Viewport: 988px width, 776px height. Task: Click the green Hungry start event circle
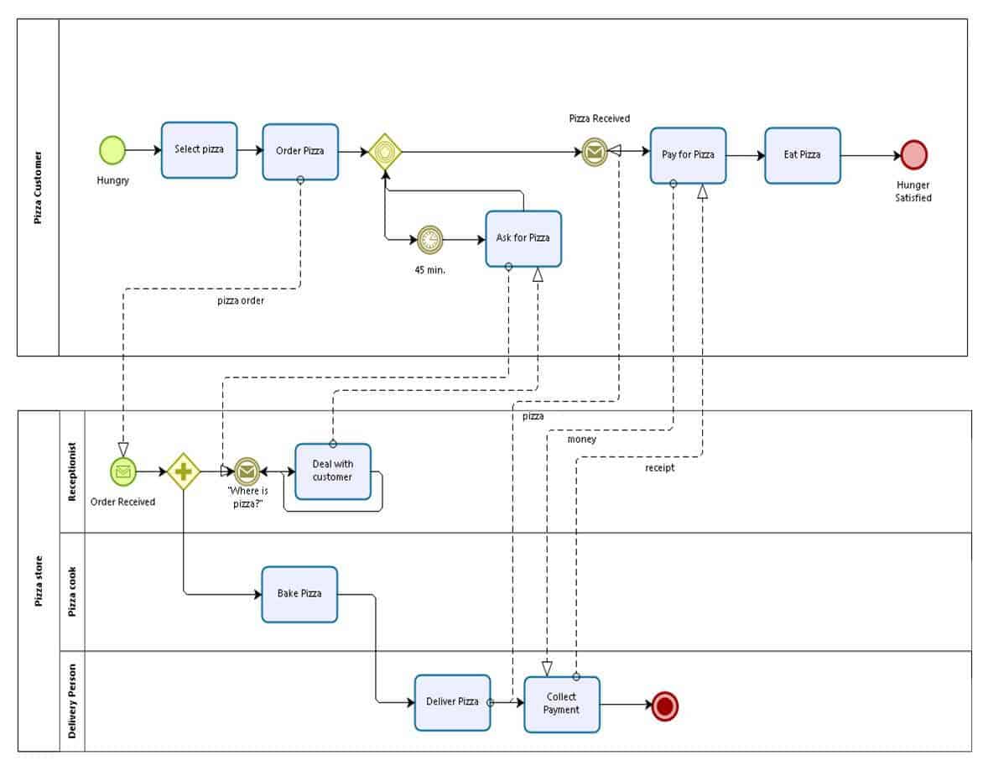[x=112, y=150]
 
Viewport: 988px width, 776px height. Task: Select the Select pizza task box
[x=199, y=149]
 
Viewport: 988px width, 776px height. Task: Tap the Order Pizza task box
[x=300, y=152]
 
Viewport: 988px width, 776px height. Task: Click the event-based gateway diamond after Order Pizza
[x=385, y=152]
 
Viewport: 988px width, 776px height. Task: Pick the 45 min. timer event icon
[x=429, y=239]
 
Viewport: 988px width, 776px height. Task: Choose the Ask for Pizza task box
[x=523, y=238]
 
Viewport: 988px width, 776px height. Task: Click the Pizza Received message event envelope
[x=595, y=152]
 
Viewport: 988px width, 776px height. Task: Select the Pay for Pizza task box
[x=688, y=155]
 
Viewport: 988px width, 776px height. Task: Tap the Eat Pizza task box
[x=802, y=155]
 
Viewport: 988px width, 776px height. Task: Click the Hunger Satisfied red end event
[x=913, y=155]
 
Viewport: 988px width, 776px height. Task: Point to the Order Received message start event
[x=123, y=471]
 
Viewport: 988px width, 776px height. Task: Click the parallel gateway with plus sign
[x=184, y=471]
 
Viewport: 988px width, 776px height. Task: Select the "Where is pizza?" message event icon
[x=247, y=471]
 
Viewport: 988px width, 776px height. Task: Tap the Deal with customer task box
[x=333, y=471]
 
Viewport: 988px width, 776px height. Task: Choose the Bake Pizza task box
[x=299, y=594]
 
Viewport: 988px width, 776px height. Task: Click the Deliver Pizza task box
[x=452, y=702]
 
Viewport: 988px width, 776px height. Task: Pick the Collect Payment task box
[x=562, y=704]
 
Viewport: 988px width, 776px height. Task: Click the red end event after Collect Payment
[x=665, y=706]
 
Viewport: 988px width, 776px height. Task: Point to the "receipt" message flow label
[x=659, y=468]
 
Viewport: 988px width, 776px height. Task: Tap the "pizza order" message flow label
[x=241, y=300]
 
